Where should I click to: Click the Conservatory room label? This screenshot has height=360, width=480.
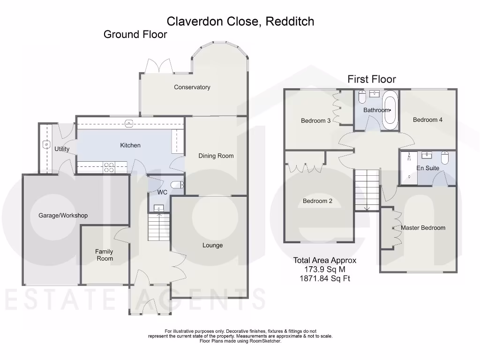(x=192, y=87)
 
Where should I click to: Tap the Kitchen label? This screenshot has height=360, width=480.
(x=130, y=145)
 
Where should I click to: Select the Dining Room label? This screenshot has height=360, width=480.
(x=216, y=156)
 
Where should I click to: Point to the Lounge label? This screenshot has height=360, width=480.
(x=212, y=246)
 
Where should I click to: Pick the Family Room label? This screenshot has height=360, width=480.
(x=105, y=255)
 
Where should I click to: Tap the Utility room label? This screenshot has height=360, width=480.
(x=62, y=149)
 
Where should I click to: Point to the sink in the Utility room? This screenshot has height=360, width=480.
(x=46, y=145)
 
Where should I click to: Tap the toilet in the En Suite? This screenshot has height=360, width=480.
(x=445, y=157)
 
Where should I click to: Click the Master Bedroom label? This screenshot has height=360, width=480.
(x=423, y=228)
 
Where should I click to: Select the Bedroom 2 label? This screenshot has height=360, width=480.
(x=317, y=202)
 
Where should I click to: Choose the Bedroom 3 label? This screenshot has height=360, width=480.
(x=315, y=121)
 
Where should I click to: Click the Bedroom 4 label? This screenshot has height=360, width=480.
(x=427, y=120)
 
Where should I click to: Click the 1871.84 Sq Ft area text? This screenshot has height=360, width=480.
(x=325, y=279)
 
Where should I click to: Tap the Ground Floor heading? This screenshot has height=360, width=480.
(x=135, y=34)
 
